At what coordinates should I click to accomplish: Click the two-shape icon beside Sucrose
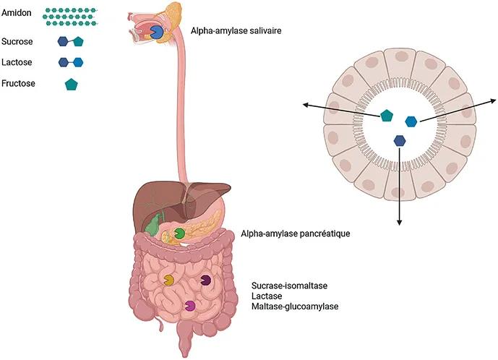click(x=71, y=42)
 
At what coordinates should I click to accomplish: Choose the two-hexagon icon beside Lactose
click(x=71, y=63)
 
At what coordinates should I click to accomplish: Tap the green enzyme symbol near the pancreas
click(x=179, y=234)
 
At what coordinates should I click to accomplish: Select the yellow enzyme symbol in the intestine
click(x=168, y=279)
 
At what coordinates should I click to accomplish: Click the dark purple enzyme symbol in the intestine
click(x=206, y=279)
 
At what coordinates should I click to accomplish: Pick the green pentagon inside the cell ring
click(x=387, y=115)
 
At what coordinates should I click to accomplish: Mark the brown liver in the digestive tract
click(x=159, y=199)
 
